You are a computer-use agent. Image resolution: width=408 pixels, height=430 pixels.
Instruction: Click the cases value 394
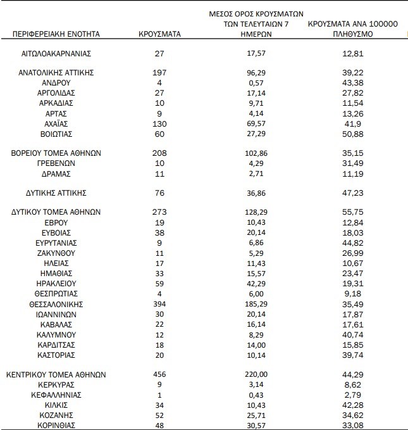click(x=159, y=304)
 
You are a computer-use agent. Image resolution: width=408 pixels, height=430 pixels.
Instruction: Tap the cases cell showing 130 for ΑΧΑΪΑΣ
click(x=159, y=123)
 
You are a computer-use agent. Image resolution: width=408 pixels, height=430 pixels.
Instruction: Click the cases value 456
click(x=159, y=374)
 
